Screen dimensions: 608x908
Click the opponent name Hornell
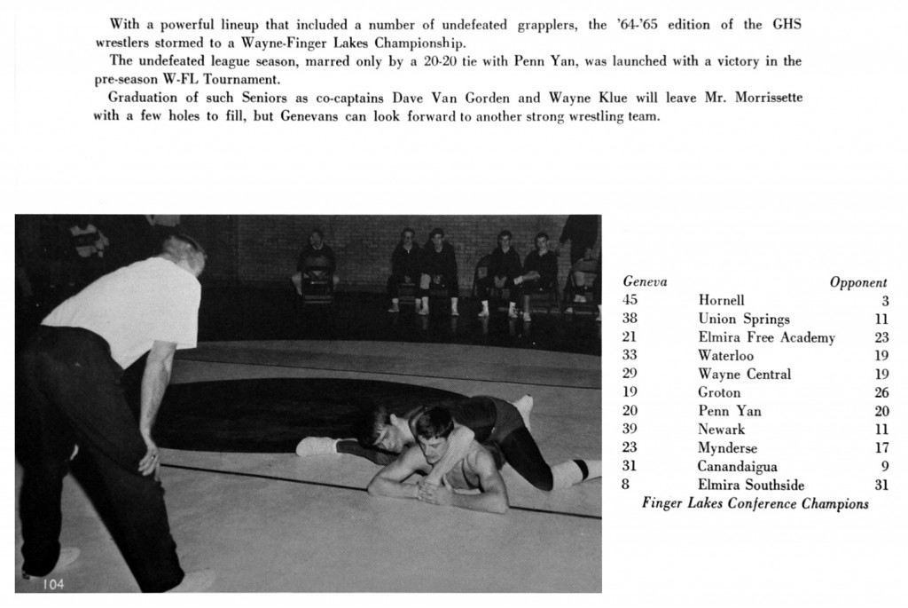pos(721,301)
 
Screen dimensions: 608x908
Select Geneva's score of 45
pos(630,301)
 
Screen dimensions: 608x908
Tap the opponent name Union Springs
pos(743,320)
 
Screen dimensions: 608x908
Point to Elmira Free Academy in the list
pos(766,337)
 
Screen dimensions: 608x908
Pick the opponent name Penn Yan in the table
pos(729,411)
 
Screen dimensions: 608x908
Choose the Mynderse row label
pos(727,448)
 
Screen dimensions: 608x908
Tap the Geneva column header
pos(645,282)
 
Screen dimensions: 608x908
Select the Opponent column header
pos(857,282)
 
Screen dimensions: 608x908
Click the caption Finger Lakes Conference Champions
pos(755,504)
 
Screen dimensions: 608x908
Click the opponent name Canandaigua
pos(737,466)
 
